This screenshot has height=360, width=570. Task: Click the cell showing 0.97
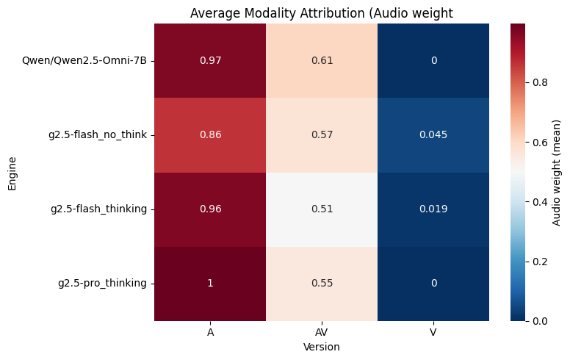pyautogui.click(x=210, y=60)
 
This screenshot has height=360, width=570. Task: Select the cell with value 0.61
pyautogui.click(x=322, y=60)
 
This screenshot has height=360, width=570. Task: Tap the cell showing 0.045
pyautogui.click(x=433, y=134)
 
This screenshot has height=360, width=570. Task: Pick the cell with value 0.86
pyautogui.click(x=210, y=134)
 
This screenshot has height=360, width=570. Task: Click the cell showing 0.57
pyautogui.click(x=322, y=134)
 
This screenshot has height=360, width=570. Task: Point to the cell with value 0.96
pyautogui.click(x=210, y=209)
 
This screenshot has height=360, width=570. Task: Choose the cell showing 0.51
pyautogui.click(x=322, y=209)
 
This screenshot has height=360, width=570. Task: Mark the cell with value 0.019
pyautogui.click(x=433, y=209)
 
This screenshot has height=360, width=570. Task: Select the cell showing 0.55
pyautogui.click(x=322, y=283)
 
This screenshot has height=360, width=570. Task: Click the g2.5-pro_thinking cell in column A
pyautogui.click(x=210, y=283)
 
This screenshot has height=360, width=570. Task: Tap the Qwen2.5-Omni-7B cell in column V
pyautogui.click(x=433, y=60)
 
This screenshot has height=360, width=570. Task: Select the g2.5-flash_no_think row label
pyautogui.click(x=98, y=134)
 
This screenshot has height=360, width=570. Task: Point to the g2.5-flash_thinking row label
pyautogui.click(x=98, y=209)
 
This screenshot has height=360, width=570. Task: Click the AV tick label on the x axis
pyautogui.click(x=322, y=333)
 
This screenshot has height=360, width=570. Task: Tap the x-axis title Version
pyautogui.click(x=322, y=346)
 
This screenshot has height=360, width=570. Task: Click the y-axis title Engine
pyautogui.click(x=12, y=172)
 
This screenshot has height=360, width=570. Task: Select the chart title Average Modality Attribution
pyautogui.click(x=322, y=12)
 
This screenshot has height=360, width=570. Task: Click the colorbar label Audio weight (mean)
pyautogui.click(x=558, y=172)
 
